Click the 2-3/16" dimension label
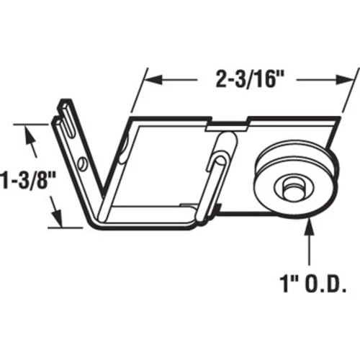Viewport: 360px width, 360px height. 250,79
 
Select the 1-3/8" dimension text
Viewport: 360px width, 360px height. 27,181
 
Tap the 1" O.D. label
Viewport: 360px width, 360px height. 313,284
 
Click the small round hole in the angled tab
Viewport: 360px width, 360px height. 82,163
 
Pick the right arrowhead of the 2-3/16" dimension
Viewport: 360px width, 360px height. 345,80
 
